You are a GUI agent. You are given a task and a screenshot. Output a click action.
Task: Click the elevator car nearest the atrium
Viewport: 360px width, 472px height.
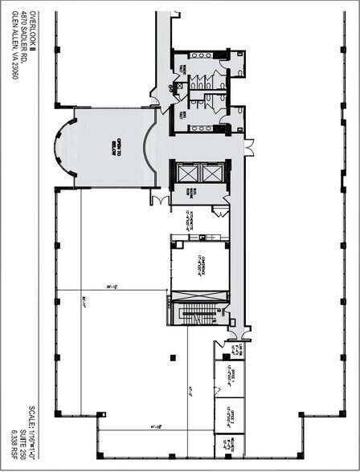[x=188, y=173]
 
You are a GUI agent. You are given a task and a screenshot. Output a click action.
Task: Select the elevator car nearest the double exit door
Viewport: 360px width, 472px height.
[x=211, y=173]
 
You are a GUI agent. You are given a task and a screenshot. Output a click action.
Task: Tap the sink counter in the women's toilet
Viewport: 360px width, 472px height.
[x=198, y=57]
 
